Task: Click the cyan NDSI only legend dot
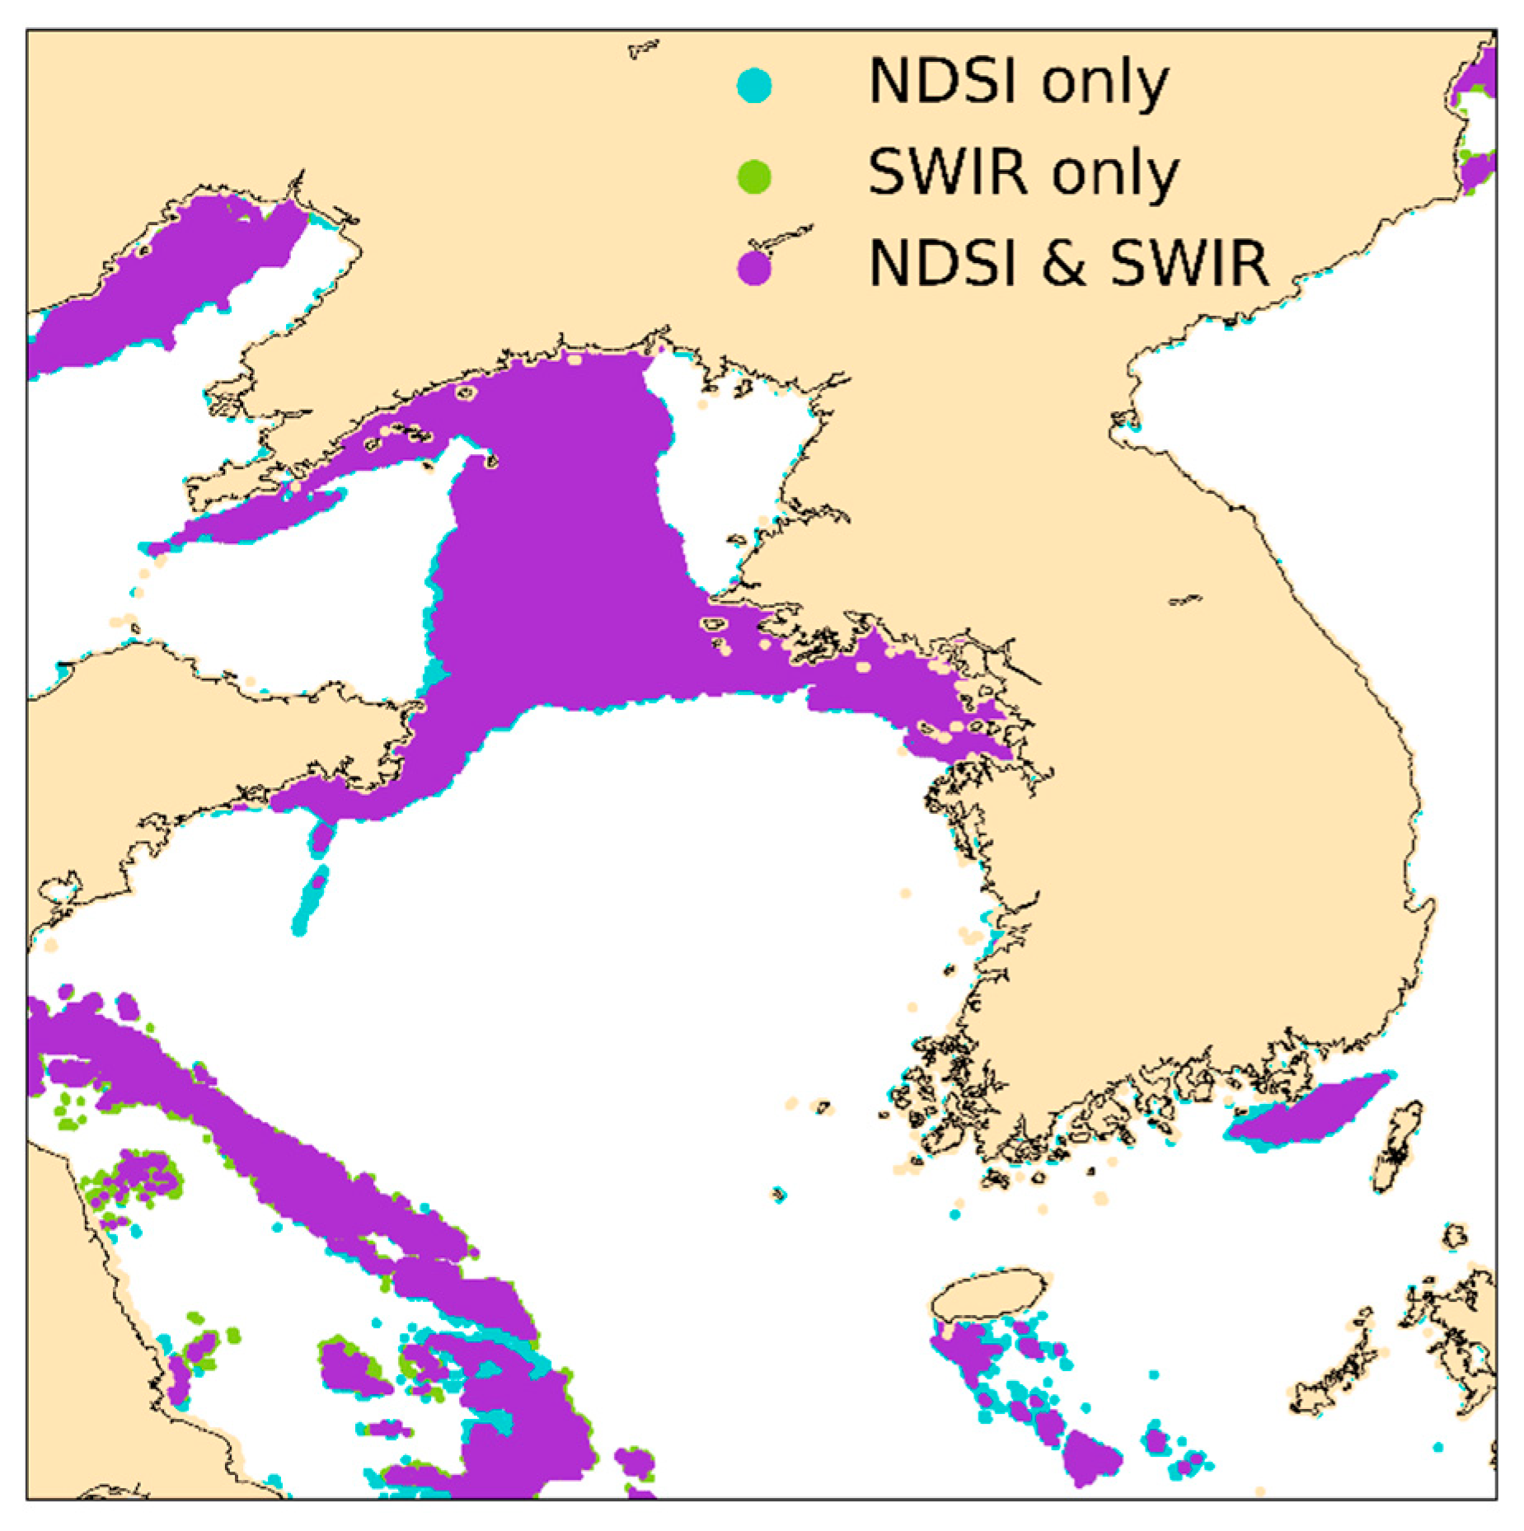[x=753, y=85]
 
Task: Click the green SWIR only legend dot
[x=753, y=176]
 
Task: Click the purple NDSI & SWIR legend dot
[x=753, y=269]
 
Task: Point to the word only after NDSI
[x=1104, y=82]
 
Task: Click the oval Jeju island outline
[x=988, y=1295]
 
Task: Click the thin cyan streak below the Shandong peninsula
[x=310, y=899]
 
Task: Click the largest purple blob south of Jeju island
[x=1090, y=1455]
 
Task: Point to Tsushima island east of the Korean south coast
[x=1397, y=1146]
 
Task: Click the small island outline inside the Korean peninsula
[x=1185, y=600]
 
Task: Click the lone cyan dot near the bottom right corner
[x=1437, y=1448]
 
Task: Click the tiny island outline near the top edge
[x=643, y=49]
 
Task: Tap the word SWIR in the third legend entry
[x=1187, y=265]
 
